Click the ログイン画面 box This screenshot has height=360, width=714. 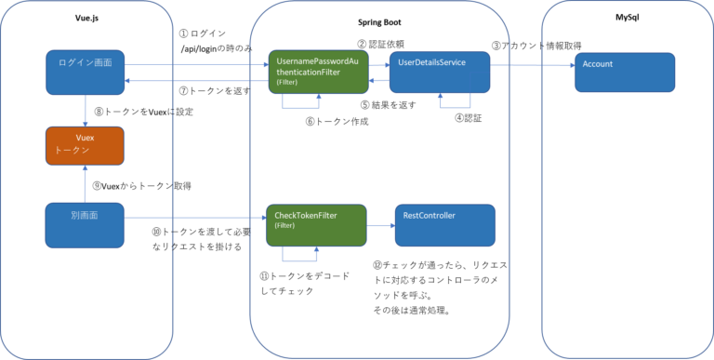(86, 73)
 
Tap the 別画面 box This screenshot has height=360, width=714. (86, 225)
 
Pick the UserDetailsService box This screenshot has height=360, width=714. (439, 73)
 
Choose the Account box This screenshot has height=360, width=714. (625, 73)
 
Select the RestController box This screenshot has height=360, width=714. (444, 225)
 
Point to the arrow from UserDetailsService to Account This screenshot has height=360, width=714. (531, 65)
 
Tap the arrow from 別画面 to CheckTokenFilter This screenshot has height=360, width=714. (195, 220)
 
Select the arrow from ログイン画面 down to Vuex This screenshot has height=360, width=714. (86, 111)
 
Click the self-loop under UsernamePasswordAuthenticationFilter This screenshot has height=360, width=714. (302, 108)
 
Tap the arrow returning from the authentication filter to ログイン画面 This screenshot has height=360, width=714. (195, 82)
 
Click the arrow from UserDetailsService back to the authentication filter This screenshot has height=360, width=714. (378, 82)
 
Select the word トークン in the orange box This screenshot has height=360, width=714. (72, 150)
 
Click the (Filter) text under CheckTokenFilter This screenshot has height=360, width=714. (285, 225)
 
